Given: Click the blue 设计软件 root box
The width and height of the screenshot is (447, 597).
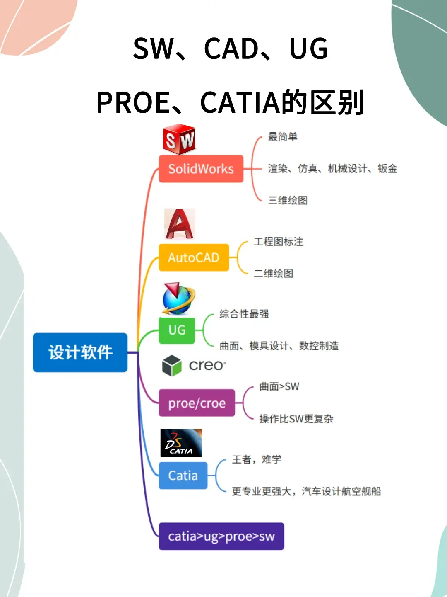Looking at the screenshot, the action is (x=80, y=352).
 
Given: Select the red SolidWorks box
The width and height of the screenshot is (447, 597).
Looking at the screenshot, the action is (x=201, y=169).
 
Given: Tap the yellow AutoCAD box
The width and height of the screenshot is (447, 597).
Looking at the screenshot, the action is (x=194, y=257).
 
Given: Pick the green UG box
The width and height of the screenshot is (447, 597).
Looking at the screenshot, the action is (x=177, y=330).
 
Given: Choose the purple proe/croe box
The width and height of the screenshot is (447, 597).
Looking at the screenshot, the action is (x=197, y=403).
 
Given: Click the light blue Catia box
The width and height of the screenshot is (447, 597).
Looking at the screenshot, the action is (x=183, y=476).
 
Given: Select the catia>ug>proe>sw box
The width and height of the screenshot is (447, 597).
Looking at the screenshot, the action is (x=221, y=536).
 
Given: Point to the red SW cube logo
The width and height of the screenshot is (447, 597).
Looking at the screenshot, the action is (x=179, y=139).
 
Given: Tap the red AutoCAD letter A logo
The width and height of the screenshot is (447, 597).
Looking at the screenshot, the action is (x=180, y=224).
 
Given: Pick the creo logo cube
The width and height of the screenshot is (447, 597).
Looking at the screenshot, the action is (x=172, y=366).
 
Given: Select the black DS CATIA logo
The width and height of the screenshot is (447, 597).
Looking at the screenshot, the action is (x=181, y=443).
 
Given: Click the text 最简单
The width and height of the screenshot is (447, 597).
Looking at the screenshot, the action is (x=283, y=136).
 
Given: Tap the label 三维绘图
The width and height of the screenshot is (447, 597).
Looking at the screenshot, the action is (x=288, y=200).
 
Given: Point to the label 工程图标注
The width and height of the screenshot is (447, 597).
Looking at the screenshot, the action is (x=278, y=242).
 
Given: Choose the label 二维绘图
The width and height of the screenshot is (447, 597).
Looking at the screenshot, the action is (x=273, y=273).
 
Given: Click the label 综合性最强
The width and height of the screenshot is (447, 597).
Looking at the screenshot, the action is (x=244, y=314).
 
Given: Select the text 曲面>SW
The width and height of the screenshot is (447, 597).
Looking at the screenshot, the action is (x=279, y=386).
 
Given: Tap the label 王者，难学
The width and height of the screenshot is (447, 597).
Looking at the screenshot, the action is (x=257, y=459).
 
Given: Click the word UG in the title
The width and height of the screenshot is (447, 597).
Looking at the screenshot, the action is (x=309, y=49).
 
